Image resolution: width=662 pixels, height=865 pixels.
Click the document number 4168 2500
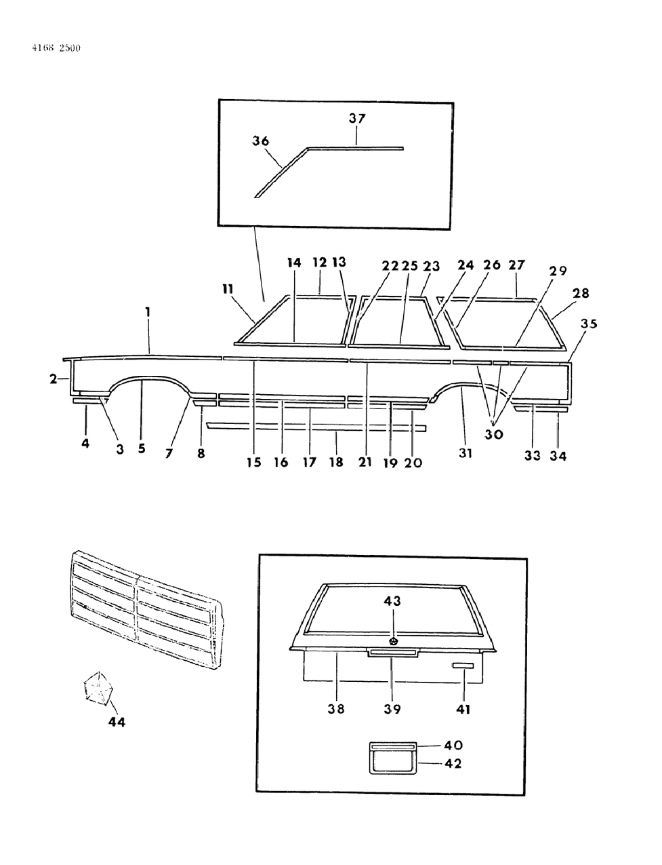(x=56, y=48)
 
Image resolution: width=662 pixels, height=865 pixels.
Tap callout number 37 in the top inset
(x=357, y=118)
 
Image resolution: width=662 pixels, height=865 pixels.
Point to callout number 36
(x=260, y=141)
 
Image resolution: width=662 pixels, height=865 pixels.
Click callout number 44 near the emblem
(x=117, y=722)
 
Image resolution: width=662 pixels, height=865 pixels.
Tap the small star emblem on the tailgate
(x=393, y=640)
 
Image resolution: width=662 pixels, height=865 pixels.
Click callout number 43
(x=392, y=600)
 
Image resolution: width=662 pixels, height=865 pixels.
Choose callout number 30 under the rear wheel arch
(x=494, y=434)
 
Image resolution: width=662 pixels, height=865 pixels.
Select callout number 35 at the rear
(x=589, y=324)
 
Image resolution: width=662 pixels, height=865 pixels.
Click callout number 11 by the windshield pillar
(x=228, y=289)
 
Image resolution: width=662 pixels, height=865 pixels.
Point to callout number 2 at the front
(x=54, y=379)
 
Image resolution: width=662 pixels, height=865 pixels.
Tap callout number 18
(x=336, y=462)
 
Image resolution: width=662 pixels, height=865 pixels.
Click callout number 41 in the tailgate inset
(x=463, y=709)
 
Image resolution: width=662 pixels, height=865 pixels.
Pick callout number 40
(x=453, y=745)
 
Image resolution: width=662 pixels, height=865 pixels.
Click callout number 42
(x=453, y=763)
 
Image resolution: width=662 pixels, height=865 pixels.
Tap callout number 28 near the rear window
(x=581, y=293)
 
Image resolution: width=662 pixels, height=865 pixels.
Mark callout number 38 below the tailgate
(x=336, y=708)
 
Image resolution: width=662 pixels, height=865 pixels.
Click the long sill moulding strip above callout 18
(x=317, y=427)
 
